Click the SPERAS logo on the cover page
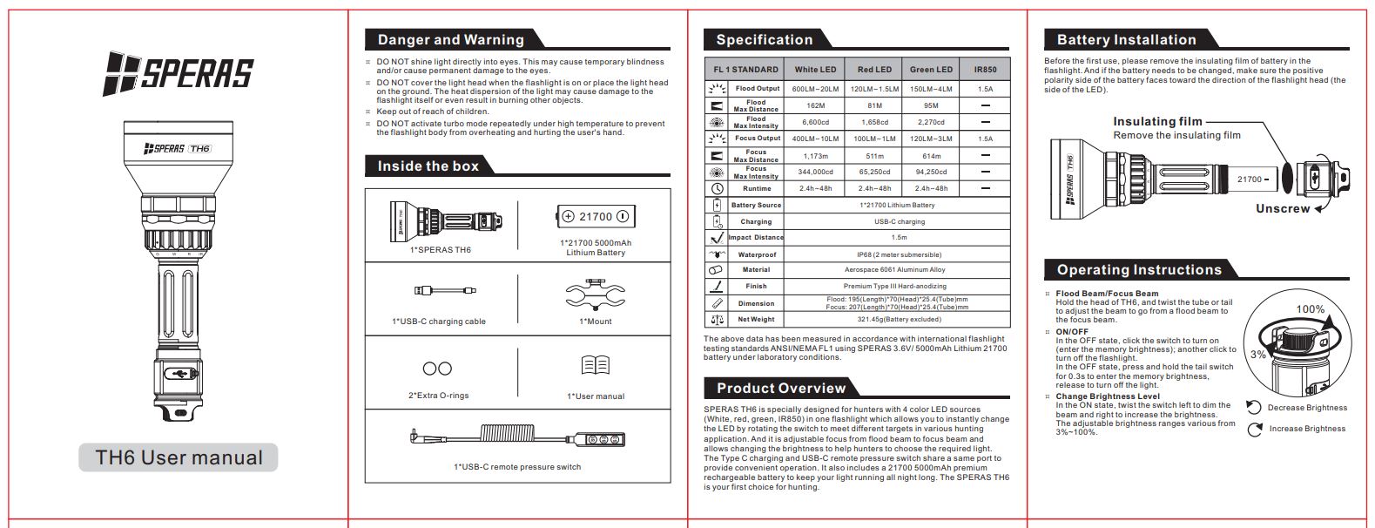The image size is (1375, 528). tap(178, 73)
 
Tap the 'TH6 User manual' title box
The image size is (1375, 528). tap(179, 457)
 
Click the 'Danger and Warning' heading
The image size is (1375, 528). tap(450, 39)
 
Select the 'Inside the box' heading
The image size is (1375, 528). tap(428, 166)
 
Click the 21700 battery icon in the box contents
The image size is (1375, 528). tap(596, 217)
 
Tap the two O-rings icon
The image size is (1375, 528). tap(437, 369)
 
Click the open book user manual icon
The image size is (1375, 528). tap(595, 366)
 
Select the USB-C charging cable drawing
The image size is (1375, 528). tap(445, 290)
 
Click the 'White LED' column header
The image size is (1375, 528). tap(815, 70)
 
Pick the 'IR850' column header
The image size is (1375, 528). tap(985, 70)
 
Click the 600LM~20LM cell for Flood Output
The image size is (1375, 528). tap(815, 89)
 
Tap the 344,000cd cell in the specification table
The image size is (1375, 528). tap(815, 172)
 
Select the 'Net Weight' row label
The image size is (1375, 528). tap(756, 319)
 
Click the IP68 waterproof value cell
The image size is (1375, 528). tap(899, 254)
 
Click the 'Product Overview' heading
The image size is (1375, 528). tap(780, 388)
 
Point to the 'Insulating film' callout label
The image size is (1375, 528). tap(1157, 122)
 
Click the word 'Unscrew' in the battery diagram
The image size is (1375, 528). tap(1282, 209)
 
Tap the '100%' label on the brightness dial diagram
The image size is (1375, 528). tap(1310, 309)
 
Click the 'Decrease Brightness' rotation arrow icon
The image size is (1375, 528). tap(1254, 408)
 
